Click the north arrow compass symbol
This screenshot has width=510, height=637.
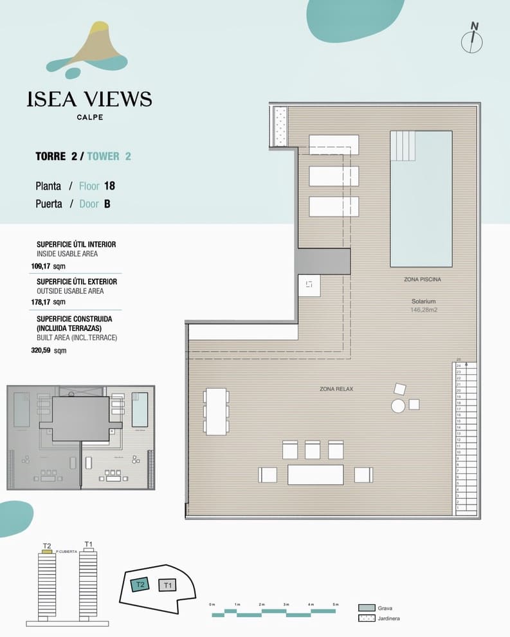point(473,39)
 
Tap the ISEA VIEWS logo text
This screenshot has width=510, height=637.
point(89,99)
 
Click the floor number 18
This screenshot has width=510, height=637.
point(109,186)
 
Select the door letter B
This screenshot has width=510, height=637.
point(107,204)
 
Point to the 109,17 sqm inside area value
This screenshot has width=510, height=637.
point(48,265)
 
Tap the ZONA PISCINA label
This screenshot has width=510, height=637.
point(423,280)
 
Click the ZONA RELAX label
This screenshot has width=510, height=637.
point(336,389)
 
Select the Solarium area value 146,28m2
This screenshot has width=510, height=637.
point(424,310)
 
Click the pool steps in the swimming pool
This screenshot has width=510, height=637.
point(405,146)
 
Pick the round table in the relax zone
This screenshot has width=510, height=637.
point(398,406)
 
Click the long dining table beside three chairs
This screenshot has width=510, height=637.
point(216,411)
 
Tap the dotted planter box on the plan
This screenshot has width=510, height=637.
point(280,126)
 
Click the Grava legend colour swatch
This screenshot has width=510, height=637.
point(367,607)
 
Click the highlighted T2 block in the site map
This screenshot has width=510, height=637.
point(140,584)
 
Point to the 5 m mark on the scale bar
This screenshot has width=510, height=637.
point(335,605)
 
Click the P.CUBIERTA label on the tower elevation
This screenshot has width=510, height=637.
point(67,552)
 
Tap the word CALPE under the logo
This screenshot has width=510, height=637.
point(89,117)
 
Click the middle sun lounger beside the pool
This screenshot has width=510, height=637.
point(334,175)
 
